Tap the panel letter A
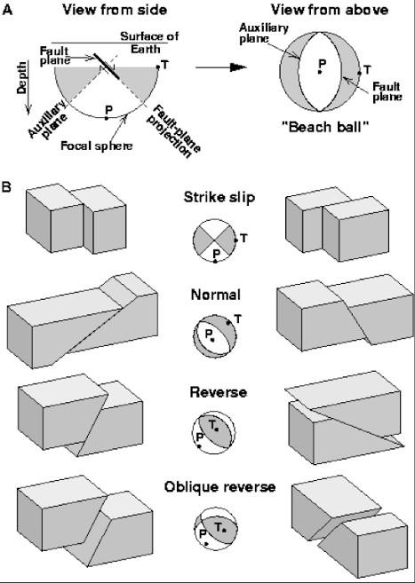point(7,9)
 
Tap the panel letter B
point(7,188)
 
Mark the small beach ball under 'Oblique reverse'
point(212,529)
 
